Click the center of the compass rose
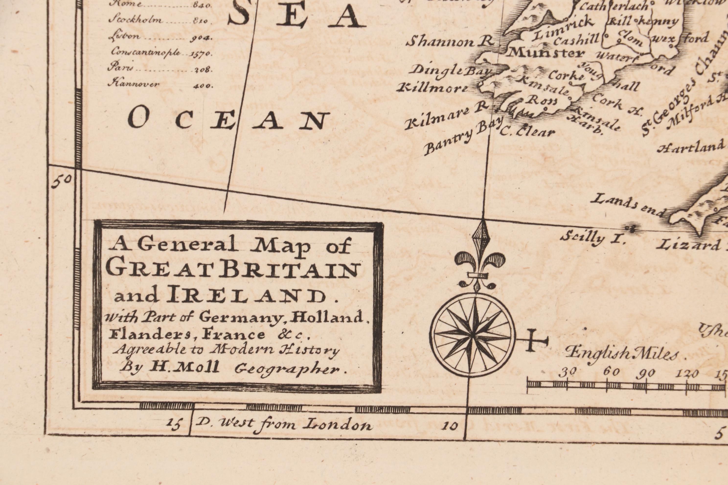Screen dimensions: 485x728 473,335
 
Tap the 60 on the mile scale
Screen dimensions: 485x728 611,372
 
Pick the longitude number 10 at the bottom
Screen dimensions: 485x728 449,426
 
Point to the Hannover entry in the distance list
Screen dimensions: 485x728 134,84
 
